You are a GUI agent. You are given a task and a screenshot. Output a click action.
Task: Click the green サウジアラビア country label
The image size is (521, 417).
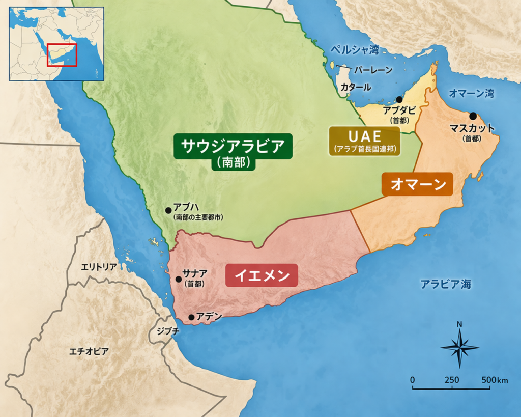[234, 148]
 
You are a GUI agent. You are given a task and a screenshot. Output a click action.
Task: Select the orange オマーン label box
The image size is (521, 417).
[417, 184]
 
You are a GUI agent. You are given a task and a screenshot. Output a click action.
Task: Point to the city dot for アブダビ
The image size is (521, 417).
[399, 100]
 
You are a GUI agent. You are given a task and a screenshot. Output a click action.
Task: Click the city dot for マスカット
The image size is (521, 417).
[473, 116]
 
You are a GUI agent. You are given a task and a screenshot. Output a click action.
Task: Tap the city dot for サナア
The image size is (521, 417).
[179, 279]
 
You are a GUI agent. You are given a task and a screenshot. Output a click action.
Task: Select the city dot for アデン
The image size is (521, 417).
[191, 317]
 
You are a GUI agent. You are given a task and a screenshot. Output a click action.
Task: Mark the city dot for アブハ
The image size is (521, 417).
[168, 210]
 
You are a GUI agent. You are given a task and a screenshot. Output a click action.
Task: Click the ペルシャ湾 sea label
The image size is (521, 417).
[355, 50]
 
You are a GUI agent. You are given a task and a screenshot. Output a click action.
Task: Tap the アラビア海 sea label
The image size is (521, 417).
[446, 284]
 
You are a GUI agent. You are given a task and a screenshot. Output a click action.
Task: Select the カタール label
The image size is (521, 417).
[356, 87]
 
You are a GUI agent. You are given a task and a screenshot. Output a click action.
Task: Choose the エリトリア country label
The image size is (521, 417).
[99, 267]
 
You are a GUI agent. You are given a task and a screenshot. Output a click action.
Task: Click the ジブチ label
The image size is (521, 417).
[168, 331]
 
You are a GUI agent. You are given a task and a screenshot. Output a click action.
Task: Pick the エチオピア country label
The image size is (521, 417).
[89, 351]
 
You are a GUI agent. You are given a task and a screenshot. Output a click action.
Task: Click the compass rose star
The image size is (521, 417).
[459, 348]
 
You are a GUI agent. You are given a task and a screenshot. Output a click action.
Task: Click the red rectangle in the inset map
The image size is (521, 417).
[62, 55]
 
